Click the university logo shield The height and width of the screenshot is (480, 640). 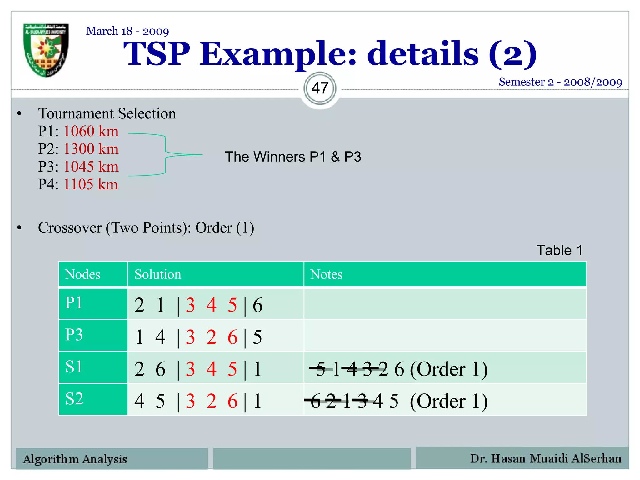tap(46, 50)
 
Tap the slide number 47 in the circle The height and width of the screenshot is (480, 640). tap(320, 88)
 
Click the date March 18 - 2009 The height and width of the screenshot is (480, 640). tap(127, 31)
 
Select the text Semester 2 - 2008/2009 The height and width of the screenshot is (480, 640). tap(560, 82)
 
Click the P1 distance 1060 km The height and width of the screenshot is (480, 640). tap(91, 131)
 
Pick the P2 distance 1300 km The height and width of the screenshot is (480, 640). tap(91, 149)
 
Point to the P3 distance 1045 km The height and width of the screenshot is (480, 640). tap(91, 167)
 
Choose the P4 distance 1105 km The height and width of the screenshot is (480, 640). tap(91, 184)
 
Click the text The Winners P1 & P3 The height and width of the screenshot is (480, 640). tap(293, 157)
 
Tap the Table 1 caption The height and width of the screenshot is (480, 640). tap(559, 250)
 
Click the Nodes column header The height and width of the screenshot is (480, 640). tap(83, 274)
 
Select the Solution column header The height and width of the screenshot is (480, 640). tap(158, 274)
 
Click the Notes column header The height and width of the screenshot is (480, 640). tap(326, 274)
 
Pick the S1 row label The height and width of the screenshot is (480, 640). tap(74, 367)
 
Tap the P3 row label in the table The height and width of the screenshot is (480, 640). tap(74, 335)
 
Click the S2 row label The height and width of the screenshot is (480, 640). tap(74, 399)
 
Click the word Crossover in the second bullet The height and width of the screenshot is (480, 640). tap(70, 228)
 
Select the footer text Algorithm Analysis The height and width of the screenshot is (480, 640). tap(75, 459)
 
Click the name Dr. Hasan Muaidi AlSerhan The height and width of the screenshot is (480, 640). tap(546, 458)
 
